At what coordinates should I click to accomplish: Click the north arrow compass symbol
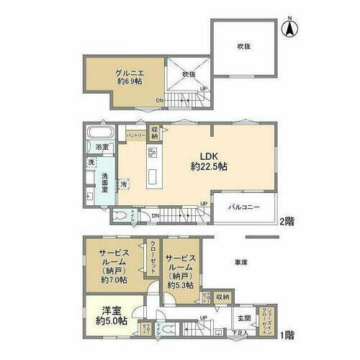coord(289,29)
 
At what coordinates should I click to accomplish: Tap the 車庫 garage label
coord(240,263)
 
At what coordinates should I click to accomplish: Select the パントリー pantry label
coord(137,135)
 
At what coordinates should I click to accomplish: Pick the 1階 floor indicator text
coord(286,335)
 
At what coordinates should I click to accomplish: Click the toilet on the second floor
coord(122,215)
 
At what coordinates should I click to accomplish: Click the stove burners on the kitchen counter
coord(152,152)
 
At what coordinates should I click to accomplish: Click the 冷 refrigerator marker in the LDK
coord(125,184)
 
